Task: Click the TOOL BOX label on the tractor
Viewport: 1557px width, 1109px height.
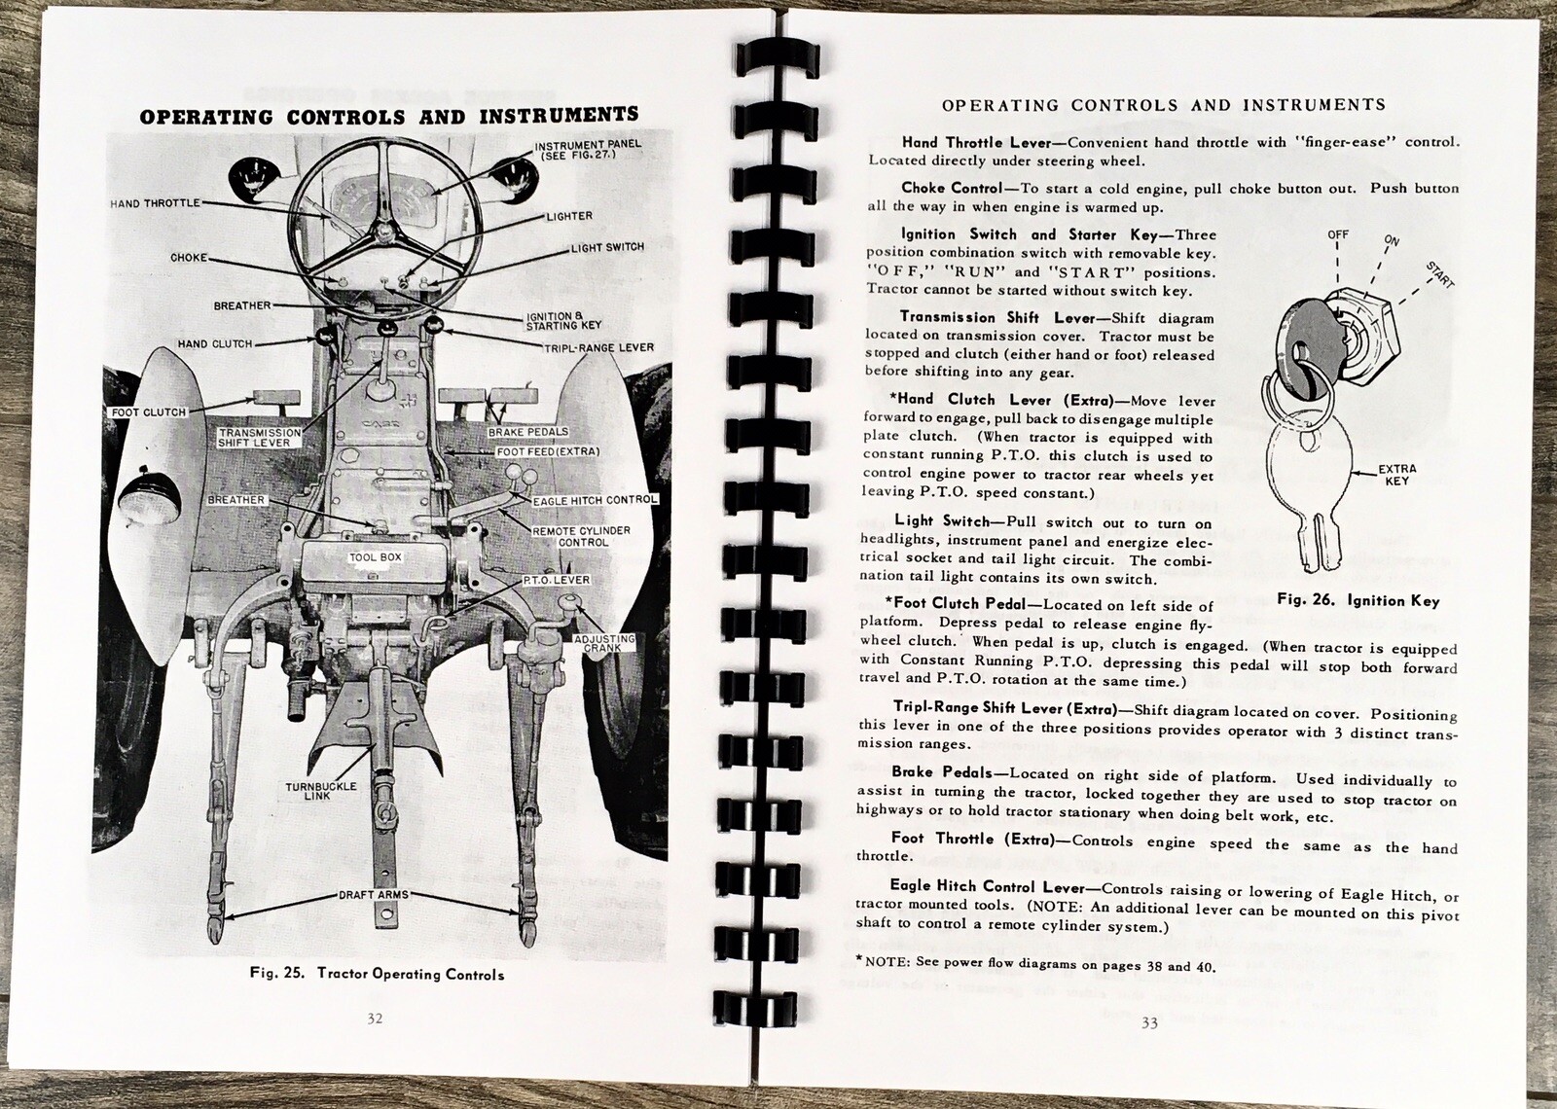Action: click(376, 557)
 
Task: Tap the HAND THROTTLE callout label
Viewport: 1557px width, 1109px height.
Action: click(156, 202)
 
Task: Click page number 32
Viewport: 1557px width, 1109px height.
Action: click(374, 1019)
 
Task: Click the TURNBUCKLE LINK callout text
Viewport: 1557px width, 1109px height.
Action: click(321, 793)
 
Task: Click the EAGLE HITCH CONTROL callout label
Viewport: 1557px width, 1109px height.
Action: click(595, 500)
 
